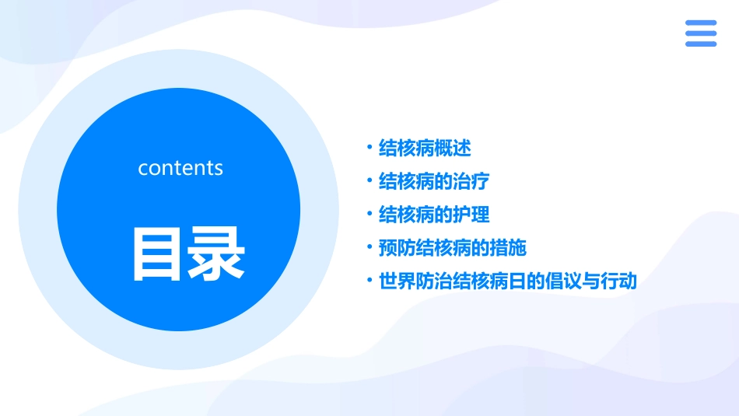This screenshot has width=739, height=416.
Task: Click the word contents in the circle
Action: tap(180, 168)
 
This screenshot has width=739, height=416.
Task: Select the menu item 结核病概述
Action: tap(425, 148)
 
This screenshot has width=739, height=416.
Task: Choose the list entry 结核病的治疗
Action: tap(433, 181)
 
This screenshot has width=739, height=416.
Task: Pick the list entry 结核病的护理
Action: tap(433, 215)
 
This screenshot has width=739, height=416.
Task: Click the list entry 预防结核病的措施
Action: tap(452, 248)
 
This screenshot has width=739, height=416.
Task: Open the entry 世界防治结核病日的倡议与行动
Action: tap(507, 281)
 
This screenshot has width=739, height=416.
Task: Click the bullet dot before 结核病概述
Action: tap(369, 147)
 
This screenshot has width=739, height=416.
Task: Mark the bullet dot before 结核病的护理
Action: tap(369, 214)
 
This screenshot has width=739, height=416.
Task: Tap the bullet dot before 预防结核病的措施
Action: tap(369, 247)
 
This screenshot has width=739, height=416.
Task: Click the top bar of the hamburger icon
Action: tap(700, 23)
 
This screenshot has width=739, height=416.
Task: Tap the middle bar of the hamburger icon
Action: tap(700, 33)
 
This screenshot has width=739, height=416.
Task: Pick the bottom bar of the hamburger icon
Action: tap(700, 44)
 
